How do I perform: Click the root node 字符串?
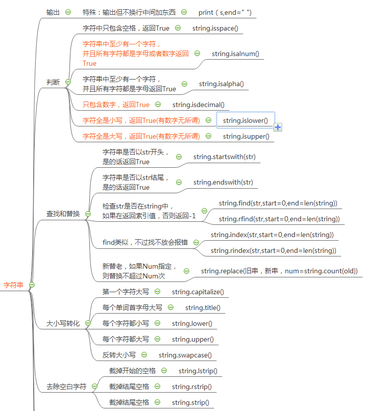[13, 285]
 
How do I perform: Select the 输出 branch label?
[53, 12]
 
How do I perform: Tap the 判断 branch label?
[53, 82]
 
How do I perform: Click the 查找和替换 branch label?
[63, 214]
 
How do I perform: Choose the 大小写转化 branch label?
[63, 323]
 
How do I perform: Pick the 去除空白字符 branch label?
[66, 387]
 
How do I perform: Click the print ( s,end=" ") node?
[225, 12]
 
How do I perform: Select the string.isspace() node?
[215, 28]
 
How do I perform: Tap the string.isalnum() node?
[235, 54]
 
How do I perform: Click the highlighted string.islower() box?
[245, 120]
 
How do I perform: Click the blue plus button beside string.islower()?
[278, 127]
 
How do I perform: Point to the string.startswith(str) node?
[225, 157]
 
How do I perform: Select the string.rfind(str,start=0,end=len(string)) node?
[279, 219]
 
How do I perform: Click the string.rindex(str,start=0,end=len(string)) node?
[273, 250]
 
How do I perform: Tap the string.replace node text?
[279, 271]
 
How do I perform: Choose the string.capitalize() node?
[197, 292]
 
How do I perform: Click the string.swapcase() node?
[185, 355]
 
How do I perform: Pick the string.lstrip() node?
[198, 371]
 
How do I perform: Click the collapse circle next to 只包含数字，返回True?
[158, 105]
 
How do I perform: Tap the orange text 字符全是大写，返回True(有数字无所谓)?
[141, 136]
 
